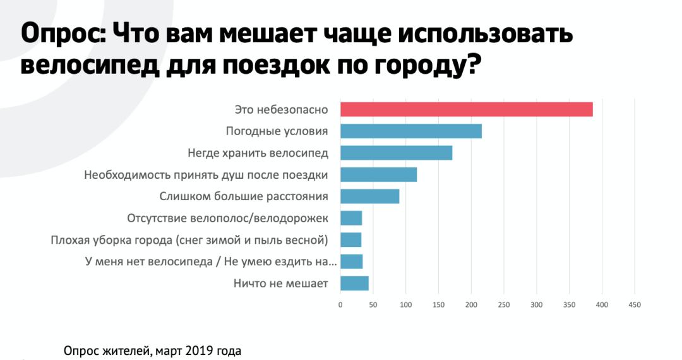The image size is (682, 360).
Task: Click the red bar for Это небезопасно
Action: tap(466, 109)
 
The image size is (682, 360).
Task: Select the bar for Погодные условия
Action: tap(410, 131)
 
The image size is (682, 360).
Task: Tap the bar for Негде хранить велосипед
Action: tap(396, 153)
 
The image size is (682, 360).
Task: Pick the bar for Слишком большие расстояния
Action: tap(369, 196)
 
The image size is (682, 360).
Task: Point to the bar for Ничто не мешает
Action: tap(354, 284)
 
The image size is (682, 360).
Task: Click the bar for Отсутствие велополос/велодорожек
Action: tap(351, 219)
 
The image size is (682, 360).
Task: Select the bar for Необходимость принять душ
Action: tap(378, 175)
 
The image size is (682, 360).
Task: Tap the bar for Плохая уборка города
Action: tap(350, 240)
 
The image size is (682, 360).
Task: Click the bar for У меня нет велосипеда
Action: tap(351, 261)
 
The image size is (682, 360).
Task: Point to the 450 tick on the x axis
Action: tap(634, 305)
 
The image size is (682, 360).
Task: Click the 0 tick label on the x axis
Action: tap(340, 305)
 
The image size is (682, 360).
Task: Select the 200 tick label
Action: tap(471, 305)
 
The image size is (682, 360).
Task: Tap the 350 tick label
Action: tap(569, 305)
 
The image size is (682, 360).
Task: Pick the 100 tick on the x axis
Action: tap(405, 305)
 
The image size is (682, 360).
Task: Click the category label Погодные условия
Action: tap(277, 131)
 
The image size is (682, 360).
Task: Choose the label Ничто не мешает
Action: tap(280, 284)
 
